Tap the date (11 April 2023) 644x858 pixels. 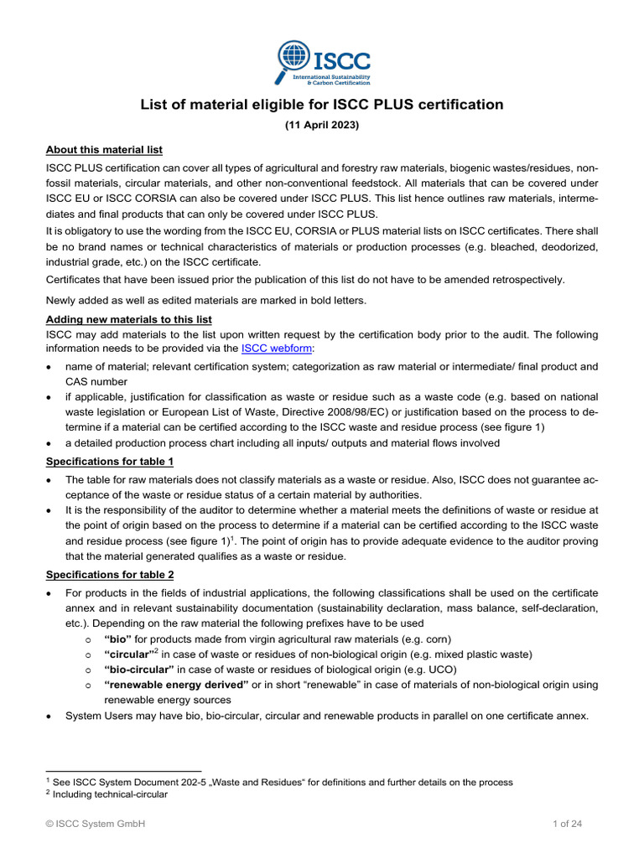click(321, 125)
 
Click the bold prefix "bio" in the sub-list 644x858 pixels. click(118, 638)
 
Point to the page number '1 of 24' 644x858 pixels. click(567, 824)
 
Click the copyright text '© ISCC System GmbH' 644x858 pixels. click(96, 824)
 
